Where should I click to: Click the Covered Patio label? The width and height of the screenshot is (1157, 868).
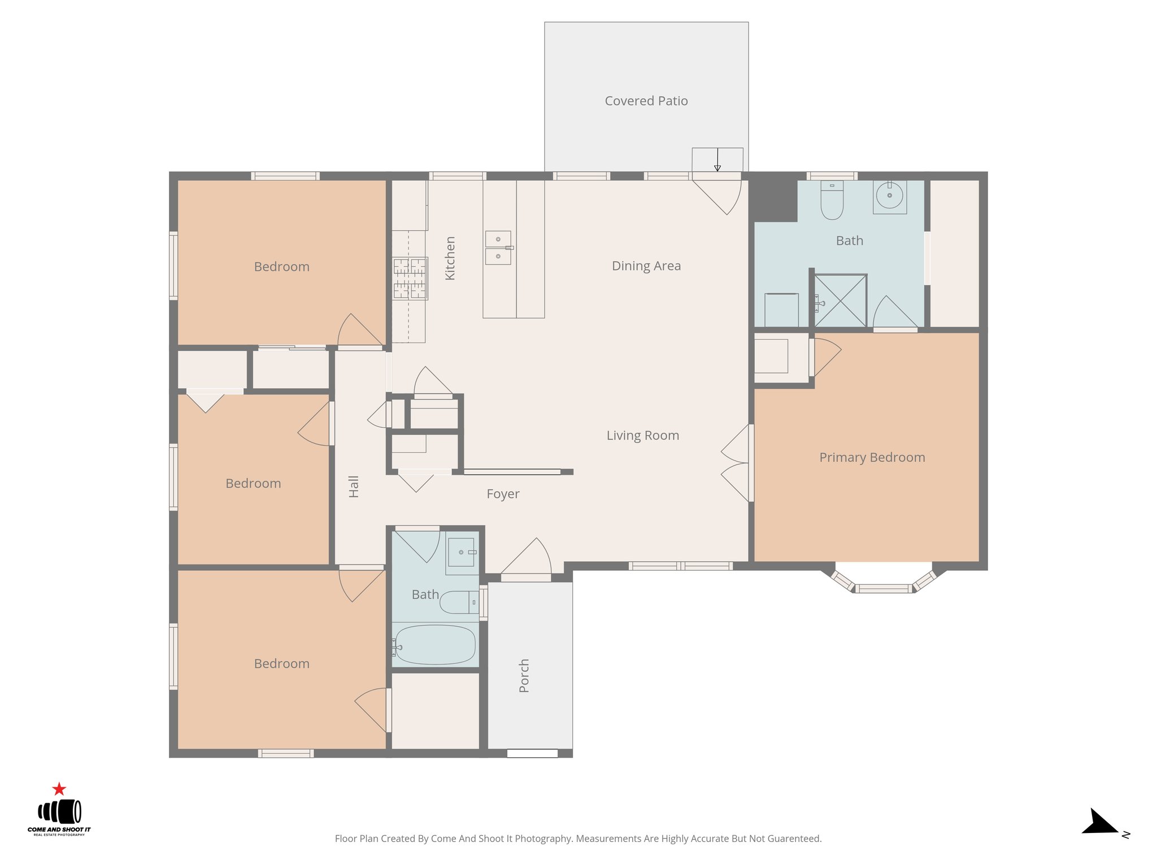coord(646,101)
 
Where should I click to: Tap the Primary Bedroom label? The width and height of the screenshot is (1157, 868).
coord(872,457)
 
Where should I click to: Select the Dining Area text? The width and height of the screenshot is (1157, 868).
coord(646,266)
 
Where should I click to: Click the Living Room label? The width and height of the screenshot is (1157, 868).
coord(642,435)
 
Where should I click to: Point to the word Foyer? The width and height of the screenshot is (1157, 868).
coord(503,494)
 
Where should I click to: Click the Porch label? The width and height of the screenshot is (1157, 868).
coord(524,675)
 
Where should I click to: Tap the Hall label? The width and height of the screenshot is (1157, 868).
coord(354,486)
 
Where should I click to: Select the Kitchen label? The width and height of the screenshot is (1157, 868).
coord(450,258)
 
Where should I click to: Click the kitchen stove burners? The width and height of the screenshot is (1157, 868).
coord(410,278)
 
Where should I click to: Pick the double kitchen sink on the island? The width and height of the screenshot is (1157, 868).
coord(498,248)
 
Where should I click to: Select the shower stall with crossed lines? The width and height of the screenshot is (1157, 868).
coord(840,301)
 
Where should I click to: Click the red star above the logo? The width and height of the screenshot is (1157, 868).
coord(59,789)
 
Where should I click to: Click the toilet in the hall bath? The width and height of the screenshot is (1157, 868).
coord(458,602)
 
